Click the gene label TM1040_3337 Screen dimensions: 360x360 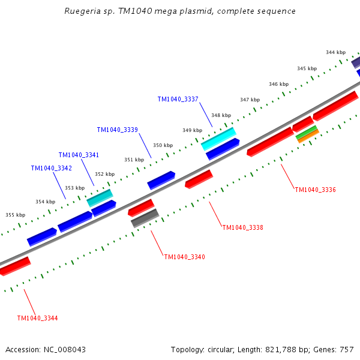click(178, 100)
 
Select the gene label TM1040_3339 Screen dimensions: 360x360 click(117, 130)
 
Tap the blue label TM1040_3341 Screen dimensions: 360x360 click(79, 155)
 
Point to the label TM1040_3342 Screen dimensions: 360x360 click(51, 169)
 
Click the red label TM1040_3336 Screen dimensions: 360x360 click(315, 190)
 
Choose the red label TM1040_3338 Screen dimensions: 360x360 click(242, 227)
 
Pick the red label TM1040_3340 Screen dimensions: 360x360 click(184, 257)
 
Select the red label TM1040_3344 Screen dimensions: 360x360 click(37, 318)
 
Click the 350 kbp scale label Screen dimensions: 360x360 click(163, 145)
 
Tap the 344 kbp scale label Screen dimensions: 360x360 click(335, 53)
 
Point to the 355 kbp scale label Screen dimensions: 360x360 click(16, 215)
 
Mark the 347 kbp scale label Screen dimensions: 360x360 click(250, 100)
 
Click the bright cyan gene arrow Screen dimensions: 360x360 click(218, 139)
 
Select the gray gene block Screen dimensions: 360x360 click(145, 218)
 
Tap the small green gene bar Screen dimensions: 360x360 click(306, 132)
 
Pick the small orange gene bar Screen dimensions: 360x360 click(308, 137)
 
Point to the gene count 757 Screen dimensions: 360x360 click(346, 349)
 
